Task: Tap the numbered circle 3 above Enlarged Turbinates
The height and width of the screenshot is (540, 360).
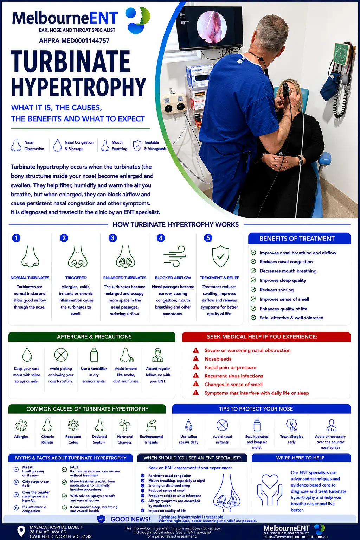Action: click(x=112, y=238)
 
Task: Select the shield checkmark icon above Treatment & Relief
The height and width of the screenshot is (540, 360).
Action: click(x=220, y=256)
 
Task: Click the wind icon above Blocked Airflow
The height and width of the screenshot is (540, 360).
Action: click(x=174, y=256)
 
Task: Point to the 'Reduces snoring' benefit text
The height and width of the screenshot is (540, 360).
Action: click(x=276, y=290)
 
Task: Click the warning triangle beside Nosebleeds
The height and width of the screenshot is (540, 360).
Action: click(x=196, y=359)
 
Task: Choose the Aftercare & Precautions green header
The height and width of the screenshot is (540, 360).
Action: click(x=92, y=337)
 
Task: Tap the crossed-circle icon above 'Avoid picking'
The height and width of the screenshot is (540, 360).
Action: click(x=61, y=355)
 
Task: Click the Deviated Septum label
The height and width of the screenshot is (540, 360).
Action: click(x=99, y=439)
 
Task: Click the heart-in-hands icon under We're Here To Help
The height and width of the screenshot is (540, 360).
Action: click(x=269, y=489)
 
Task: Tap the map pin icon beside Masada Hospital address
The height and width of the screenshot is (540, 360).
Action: click(x=21, y=532)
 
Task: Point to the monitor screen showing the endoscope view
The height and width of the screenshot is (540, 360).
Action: click(x=210, y=28)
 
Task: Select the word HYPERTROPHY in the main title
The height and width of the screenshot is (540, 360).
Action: click(x=78, y=87)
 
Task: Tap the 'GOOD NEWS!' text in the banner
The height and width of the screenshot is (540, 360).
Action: click(x=130, y=519)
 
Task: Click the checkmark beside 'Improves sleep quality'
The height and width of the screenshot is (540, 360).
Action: click(x=253, y=280)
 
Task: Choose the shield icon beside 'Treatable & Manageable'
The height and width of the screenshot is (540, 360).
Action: click(x=137, y=145)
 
